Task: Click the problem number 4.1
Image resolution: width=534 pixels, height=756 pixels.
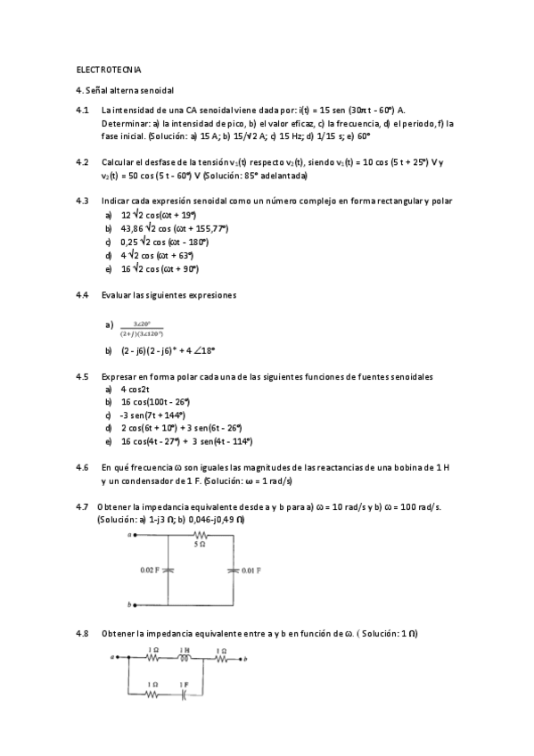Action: pyautogui.click(x=83, y=110)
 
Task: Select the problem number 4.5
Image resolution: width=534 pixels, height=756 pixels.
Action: pyautogui.click(x=83, y=376)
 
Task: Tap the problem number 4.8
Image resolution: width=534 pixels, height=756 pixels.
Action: pyautogui.click(x=83, y=634)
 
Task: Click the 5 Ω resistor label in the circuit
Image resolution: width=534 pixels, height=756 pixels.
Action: pyautogui.click(x=201, y=542)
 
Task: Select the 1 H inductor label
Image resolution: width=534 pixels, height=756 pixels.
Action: pyautogui.click(x=185, y=650)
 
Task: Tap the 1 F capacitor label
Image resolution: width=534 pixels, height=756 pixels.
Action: pyautogui.click(x=185, y=684)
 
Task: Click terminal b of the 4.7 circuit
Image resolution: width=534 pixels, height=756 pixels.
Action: pyautogui.click(x=131, y=604)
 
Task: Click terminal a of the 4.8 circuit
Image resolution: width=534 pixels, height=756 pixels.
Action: pyautogui.click(x=113, y=660)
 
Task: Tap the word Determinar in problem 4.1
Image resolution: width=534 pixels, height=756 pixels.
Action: pyautogui.click(x=124, y=123)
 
